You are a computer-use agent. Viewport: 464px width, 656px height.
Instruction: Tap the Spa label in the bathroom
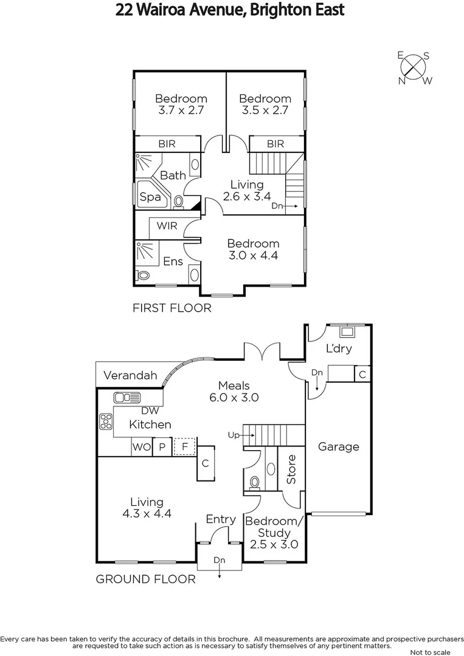[x=150, y=197]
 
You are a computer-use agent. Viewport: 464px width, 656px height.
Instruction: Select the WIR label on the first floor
[x=167, y=226]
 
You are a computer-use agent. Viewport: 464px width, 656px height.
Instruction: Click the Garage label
[x=339, y=446]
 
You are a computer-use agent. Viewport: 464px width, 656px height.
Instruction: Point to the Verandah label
[x=130, y=375]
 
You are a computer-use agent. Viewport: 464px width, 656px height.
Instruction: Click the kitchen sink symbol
[x=126, y=398]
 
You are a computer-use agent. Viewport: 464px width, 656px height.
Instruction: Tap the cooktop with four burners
[x=106, y=421]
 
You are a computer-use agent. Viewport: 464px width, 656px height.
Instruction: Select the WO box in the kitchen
[x=140, y=448]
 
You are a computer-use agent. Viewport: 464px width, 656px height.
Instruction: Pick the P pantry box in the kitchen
[x=162, y=448]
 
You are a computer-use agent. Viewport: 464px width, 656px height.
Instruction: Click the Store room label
[x=291, y=469]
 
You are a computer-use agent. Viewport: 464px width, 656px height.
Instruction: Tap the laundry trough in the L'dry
[x=347, y=332]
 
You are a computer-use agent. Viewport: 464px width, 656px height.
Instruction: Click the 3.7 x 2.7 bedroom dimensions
[x=181, y=111]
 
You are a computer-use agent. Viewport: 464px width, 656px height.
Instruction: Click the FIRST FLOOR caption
[x=172, y=308]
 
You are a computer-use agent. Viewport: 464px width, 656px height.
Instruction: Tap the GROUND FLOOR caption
[x=146, y=579]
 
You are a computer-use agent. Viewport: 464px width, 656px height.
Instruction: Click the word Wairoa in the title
[x=175, y=10]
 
